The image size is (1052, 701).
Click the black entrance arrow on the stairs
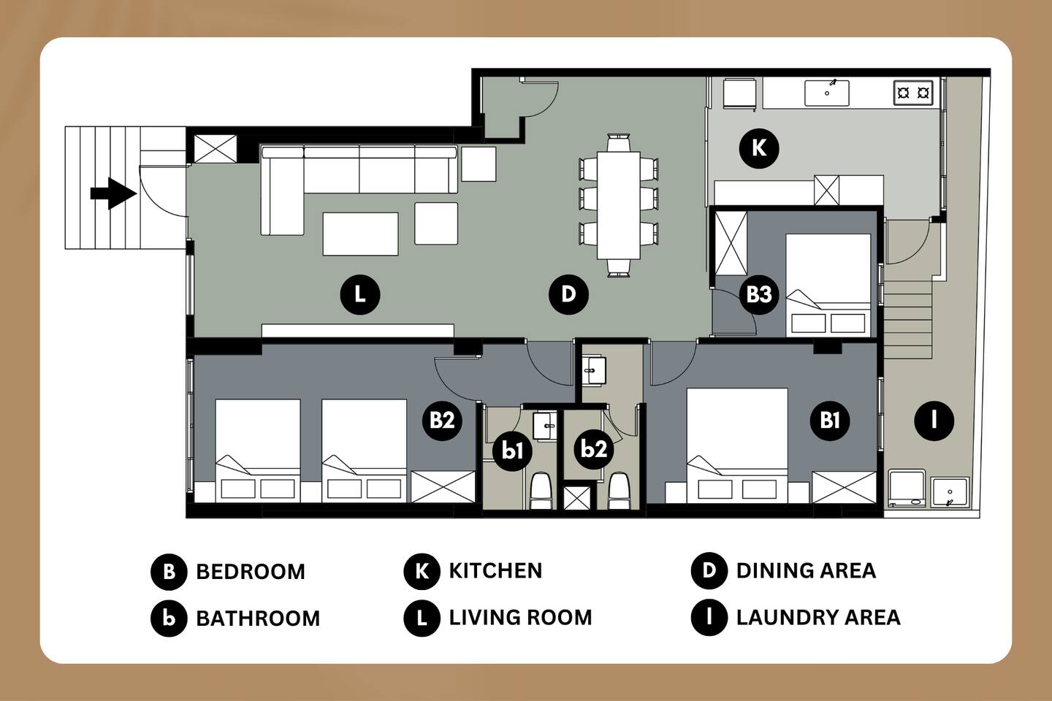[113, 194]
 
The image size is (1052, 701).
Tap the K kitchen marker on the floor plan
[759, 148]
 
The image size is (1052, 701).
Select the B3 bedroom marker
[759, 295]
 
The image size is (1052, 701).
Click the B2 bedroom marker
[442, 420]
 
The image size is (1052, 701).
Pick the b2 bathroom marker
[594, 449]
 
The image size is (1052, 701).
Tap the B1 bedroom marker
[830, 420]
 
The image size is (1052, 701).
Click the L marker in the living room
[359, 295]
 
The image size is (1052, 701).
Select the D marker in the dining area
[568, 294]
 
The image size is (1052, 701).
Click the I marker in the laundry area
[934, 420]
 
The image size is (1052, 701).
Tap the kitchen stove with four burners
[913, 93]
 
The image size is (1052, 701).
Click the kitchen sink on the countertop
[826, 93]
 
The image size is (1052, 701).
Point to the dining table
[619, 205]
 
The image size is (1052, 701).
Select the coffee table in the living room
[360, 234]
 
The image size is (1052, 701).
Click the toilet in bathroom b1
[540, 491]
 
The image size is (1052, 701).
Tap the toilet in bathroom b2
[618, 491]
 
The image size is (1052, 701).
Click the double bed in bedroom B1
[737, 445]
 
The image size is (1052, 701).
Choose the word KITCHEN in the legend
[495, 571]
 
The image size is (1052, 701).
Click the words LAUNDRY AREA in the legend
[818, 618]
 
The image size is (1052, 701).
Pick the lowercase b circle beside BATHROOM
[169, 618]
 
